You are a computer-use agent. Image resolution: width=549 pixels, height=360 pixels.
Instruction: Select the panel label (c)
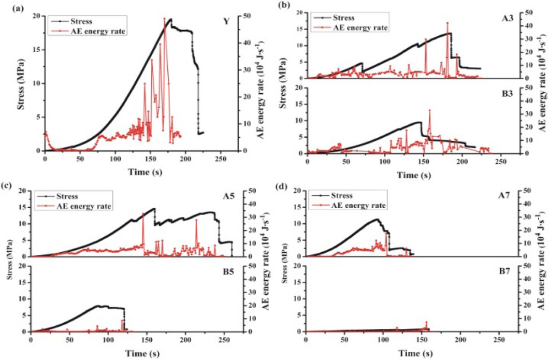(9, 185)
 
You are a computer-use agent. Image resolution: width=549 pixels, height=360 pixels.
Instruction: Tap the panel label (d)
(283, 185)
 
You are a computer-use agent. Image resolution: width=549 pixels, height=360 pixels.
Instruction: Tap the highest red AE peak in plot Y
(165, 18)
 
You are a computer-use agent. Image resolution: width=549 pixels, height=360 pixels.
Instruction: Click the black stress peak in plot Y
(171, 19)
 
